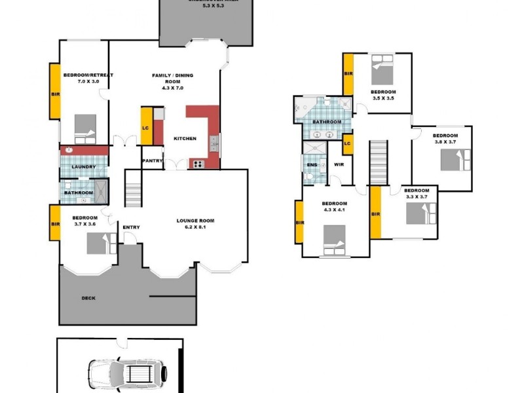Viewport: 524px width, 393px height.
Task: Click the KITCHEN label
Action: [x=185, y=139]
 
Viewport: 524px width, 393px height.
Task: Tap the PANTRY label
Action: [x=152, y=159]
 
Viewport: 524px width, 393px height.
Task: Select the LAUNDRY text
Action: [x=83, y=167]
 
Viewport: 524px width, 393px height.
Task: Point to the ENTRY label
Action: [x=131, y=227]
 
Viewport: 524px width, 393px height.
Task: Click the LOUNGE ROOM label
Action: [x=195, y=221]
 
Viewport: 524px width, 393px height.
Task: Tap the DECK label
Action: [x=88, y=298]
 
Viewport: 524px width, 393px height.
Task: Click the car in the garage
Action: [x=128, y=374]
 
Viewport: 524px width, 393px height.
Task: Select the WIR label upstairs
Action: [x=339, y=164]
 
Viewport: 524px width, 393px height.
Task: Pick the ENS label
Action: [x=313, y=164]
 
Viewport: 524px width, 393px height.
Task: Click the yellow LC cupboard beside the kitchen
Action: [x=146, y=126]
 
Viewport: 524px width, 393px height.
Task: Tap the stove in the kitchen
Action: [x=197, y=164]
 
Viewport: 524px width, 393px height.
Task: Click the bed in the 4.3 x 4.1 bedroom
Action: [x=334, y=240]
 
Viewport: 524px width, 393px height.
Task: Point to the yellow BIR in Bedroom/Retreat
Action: [x=55, y=92]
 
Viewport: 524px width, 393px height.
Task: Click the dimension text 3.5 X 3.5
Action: [x=383, y=98]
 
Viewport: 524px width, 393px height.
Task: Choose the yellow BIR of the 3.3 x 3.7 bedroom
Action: [x=375, y=213]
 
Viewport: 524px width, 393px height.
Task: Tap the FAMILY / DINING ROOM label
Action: [x=167, y=79]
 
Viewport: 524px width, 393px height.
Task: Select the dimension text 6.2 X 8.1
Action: [x=195, y=229]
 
